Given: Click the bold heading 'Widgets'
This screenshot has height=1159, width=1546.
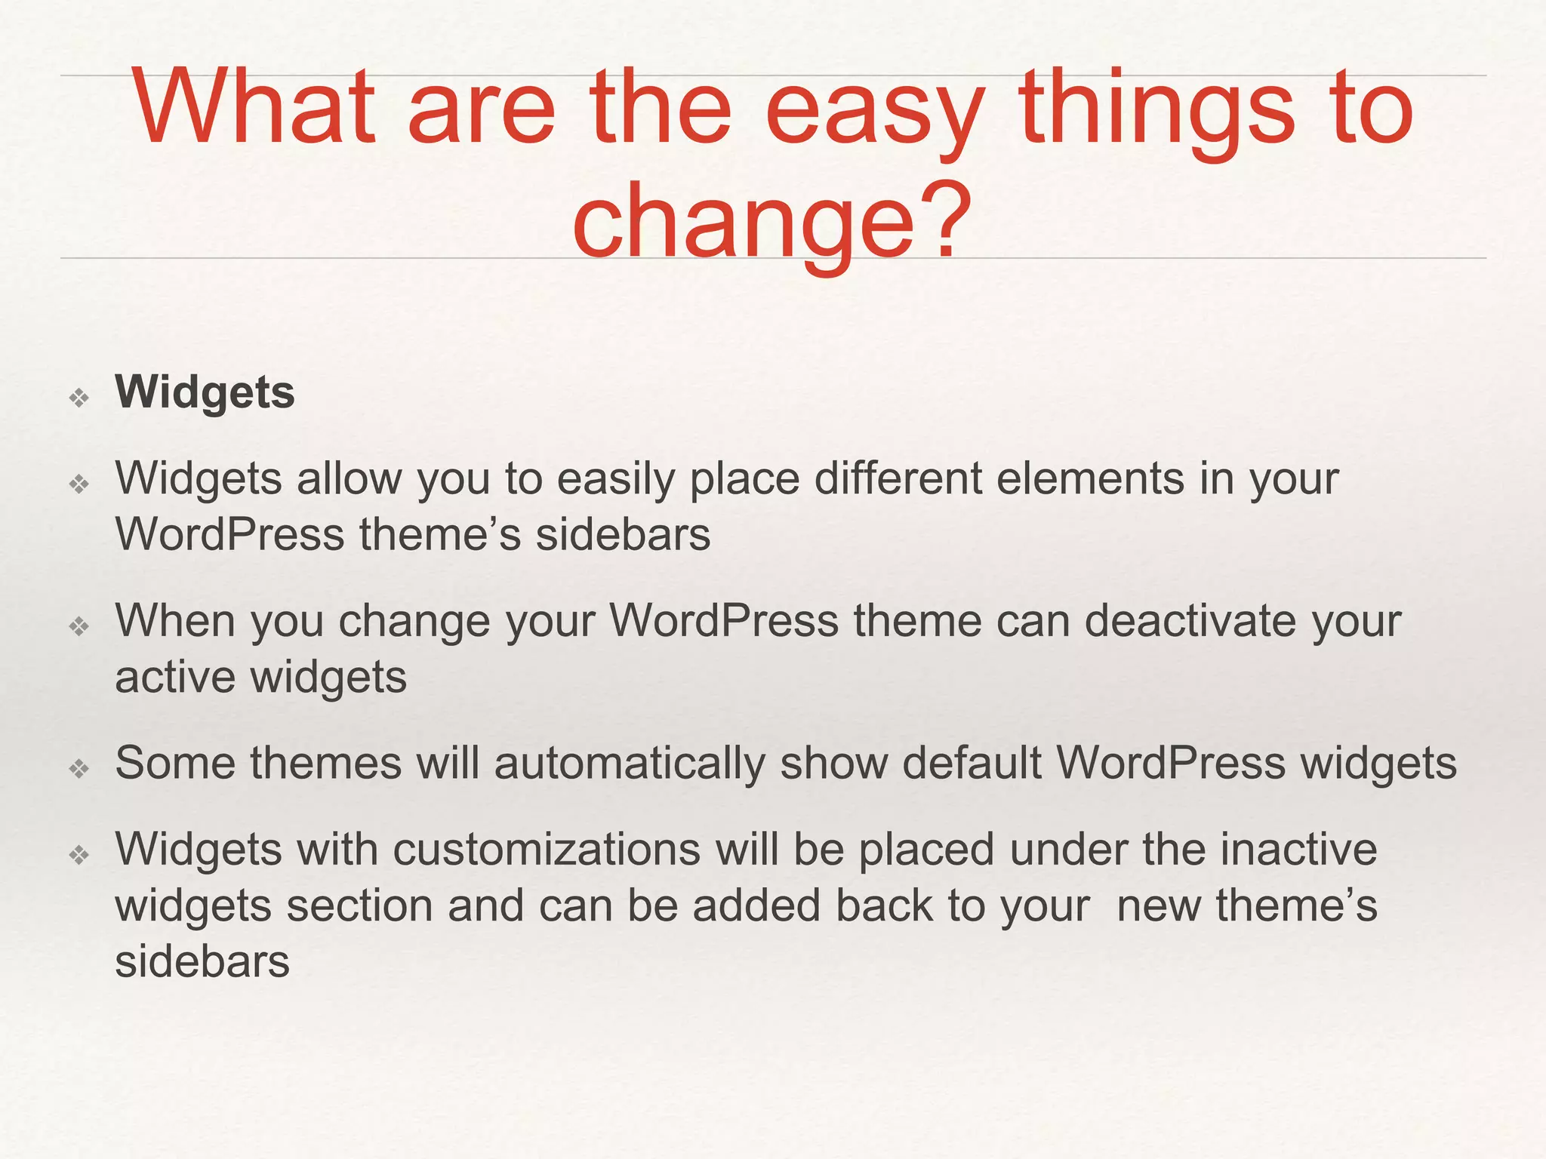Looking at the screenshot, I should (x=205, y=393).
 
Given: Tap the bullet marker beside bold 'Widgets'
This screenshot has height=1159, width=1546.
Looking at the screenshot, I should (x=79, y=397).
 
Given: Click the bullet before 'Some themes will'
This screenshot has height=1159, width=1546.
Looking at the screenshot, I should (x=79, y=768).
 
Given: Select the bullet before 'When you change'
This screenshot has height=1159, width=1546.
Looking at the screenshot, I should (x=79, y=626).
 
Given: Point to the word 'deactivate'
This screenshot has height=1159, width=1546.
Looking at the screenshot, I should (x=1190, y=621).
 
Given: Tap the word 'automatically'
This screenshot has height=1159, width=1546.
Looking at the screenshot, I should (x=630, y=764).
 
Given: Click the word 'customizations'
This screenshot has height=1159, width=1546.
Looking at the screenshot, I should (x=547, y=850).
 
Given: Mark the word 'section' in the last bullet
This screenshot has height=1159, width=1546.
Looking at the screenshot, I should (x=359, y=905).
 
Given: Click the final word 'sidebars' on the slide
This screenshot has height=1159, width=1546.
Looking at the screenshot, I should (x=202, y=962).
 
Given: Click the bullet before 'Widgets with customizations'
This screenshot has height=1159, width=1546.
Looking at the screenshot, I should (x=79, y=855).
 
